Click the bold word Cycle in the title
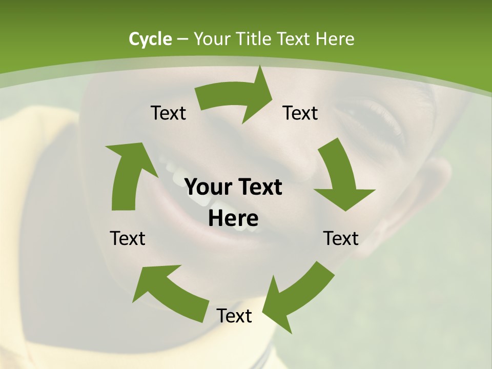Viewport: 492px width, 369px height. pyautogui.click(x=150, y=39)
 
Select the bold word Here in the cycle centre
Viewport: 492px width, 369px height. pyautogui.click(x=233, y=219)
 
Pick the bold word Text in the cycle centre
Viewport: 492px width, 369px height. pyautogui.click(x=258, y=188)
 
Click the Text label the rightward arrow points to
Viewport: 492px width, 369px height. pyautogui.click(x=300, y=113)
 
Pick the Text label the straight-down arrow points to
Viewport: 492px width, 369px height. pyautogui.click(x=341, y=239)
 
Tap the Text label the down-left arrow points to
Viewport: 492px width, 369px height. pyautogui.click(x=234, y=316)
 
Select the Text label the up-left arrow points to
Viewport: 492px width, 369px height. pyautogui.click(x=128, y=239)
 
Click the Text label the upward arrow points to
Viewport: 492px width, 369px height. pyautogui.click(x=169, y=113)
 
